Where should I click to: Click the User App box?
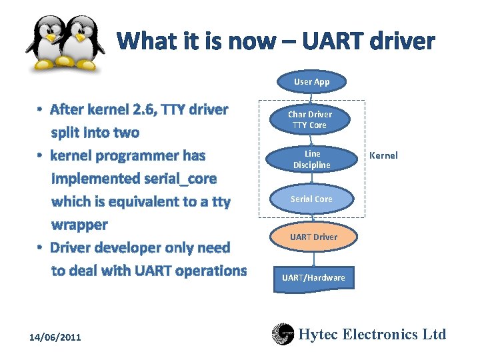(311, 81)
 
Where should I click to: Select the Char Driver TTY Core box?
(310, 119)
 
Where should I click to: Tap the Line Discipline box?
(311, 159)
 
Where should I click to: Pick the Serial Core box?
(311, 199)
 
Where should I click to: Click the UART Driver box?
(313, 237)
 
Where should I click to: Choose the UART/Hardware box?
(313, 277)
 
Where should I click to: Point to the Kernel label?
(383, 155)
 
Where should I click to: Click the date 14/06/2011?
(55, 337)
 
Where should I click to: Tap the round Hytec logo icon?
(283, 335)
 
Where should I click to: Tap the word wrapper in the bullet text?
(79, 225)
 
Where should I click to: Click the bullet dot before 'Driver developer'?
(41, 248)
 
